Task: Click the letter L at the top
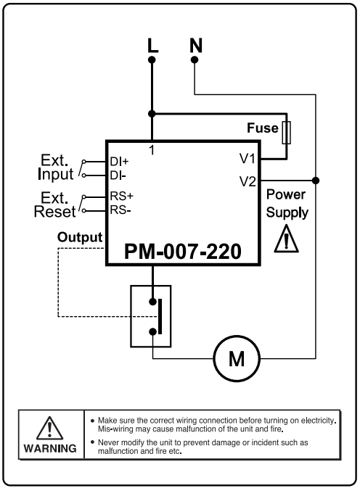coord(152,45)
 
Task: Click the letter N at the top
coord(195,45)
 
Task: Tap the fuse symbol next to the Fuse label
coord(288,133)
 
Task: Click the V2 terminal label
coord(247,181)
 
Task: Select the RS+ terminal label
coord(121,196)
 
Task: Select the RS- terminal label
coord(120,210)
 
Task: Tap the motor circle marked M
coord(232,358)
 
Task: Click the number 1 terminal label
coord(152,149)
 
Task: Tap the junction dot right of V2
coord(316,180)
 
